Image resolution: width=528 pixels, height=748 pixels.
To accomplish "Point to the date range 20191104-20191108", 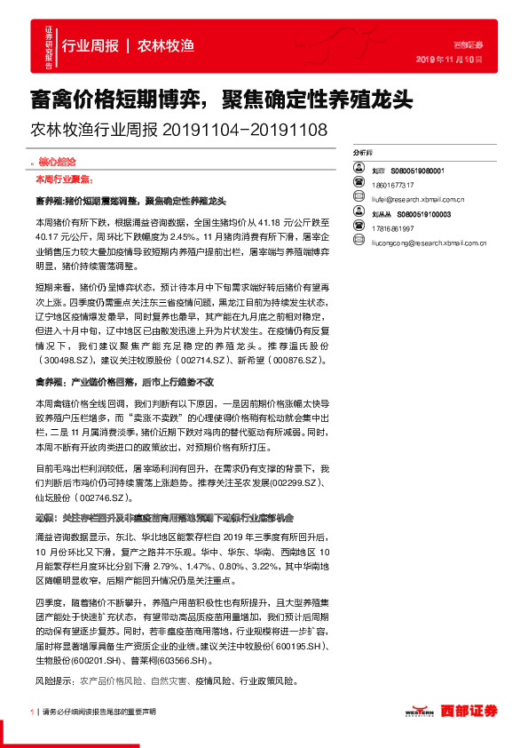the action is pyautogui.click(x=245, y=130).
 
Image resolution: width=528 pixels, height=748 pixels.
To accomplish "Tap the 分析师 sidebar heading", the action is pyautogui.click(x=363, y=153).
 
